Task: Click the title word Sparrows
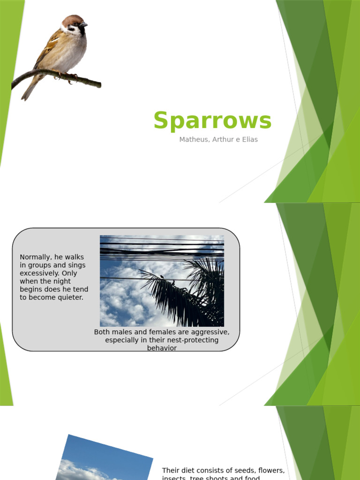[x=212, y=120]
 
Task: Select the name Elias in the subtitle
[x=249, y=140]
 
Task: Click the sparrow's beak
[x=84, y=24]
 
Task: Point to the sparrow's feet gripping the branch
[x=66, y=76]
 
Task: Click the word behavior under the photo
[x=162, y=348]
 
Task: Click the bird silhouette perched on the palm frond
[x=162, y=277]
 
